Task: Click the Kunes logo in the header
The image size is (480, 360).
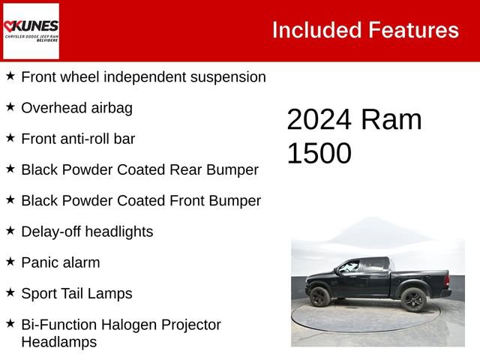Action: tap(31, 31)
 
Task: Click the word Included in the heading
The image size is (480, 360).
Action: tap(316, 30)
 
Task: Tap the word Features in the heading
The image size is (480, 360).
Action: tap(413, 30)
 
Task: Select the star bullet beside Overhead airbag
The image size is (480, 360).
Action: tap(10, 106)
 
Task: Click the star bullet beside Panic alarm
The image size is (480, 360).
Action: tap(10, 261)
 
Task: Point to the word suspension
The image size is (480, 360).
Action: tap(228, 76)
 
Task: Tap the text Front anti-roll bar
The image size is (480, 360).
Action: tap(78, 139)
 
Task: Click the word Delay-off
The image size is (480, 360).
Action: tap(51, 231)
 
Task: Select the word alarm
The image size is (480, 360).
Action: tap(81, 262)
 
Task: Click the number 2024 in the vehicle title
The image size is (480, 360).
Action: tap(321, 120)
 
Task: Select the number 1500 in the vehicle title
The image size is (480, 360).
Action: tap(319, 153)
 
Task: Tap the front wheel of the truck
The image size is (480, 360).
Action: tap(319, 297)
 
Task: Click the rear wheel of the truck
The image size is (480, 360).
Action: tap(413, 298)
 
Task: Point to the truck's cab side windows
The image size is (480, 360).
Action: tap(360, 266)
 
